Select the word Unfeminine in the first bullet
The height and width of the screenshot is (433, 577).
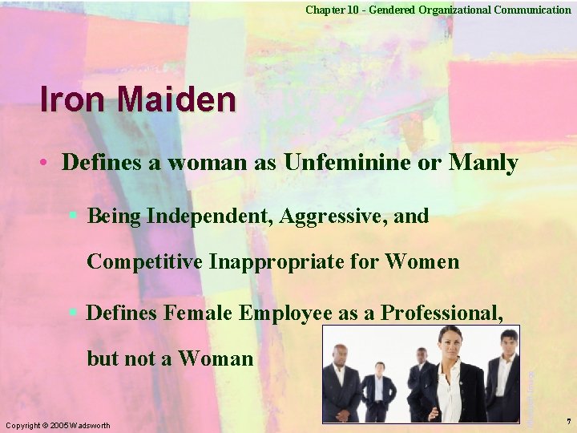point(357,163)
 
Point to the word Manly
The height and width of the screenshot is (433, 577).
point(483,163)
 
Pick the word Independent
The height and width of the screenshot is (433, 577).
point(207,216)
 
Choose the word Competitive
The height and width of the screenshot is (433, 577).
point(145,261)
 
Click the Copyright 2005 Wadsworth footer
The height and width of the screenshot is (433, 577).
point(57,424)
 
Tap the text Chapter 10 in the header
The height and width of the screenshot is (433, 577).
point(329,10)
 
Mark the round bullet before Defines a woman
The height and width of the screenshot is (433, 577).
point(47,164)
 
